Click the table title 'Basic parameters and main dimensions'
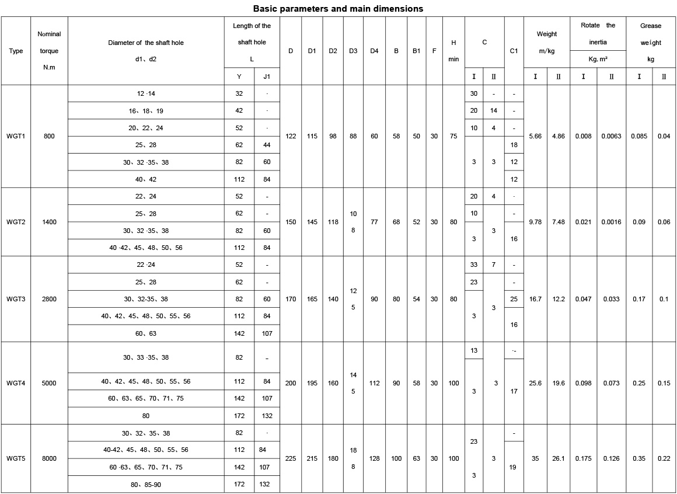point(338,9)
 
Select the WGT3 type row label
point(16,299)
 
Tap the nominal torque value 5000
point(50,383)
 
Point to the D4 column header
point(374,51)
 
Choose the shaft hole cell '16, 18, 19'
point(146,111)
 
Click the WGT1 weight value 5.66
point(535,136)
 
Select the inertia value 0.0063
point(611,136)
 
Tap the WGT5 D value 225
point(291,458)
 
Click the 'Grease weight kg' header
point(651,43)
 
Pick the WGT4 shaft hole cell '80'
point(146,416)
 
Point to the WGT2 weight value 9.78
point(535,222)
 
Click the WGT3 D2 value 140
point(333,299)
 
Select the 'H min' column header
point(453,51)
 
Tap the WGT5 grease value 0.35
point(639,458)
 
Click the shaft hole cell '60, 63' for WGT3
point(146,333)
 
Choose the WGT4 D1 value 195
point(312,383)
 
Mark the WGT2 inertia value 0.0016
point(611,222)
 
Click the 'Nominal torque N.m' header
point(49,51)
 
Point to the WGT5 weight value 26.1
point(559,458)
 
